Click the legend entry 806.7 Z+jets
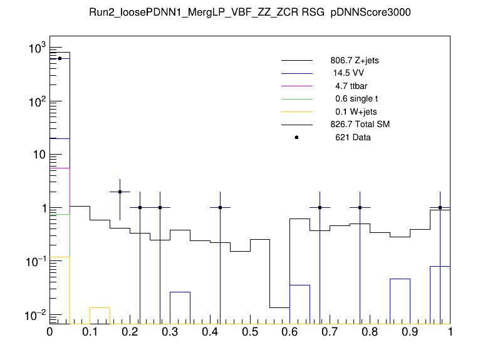(354, 61)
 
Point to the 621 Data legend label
(353, 137)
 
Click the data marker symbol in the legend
(296, 137)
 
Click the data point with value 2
(120, 192)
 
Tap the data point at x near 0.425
(220, 207)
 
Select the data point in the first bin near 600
(60, 58)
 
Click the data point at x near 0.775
(360, 207)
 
